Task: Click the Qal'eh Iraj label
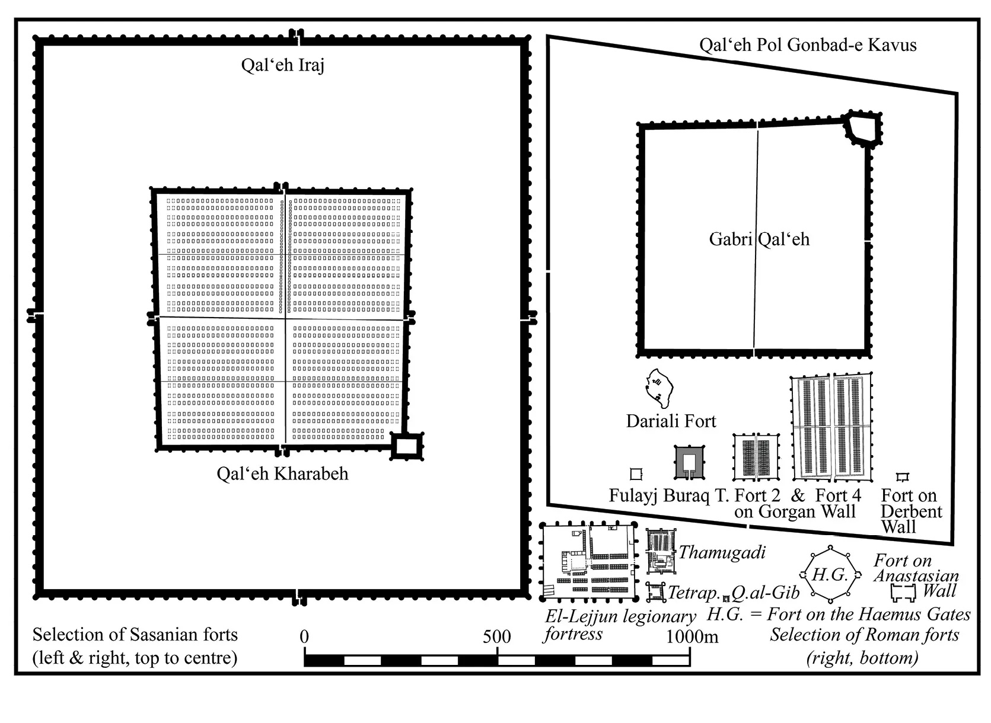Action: tap(282, 65)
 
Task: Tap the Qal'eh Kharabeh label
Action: tap(282, 474)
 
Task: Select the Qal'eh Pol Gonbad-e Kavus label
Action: tap(808, 45)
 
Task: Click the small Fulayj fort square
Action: tap(636, 474)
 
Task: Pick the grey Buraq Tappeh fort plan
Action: tap(689, 462)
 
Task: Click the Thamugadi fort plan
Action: tap(661, 551)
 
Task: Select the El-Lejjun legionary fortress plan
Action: tap(588, 562)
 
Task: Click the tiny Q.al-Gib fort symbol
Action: tap(725, 599)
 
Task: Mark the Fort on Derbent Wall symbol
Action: tap(902, 477)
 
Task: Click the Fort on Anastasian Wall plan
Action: tap(903, 593)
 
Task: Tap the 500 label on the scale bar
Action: tap(496, 636)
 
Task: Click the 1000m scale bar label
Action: tap(692, 636)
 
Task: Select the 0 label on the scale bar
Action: tap(304, 636)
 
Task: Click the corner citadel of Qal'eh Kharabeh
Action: tap(407, 447)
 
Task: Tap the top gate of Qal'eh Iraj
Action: tap(297, 37)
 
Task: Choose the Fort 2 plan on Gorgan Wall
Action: tap(756, 458)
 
